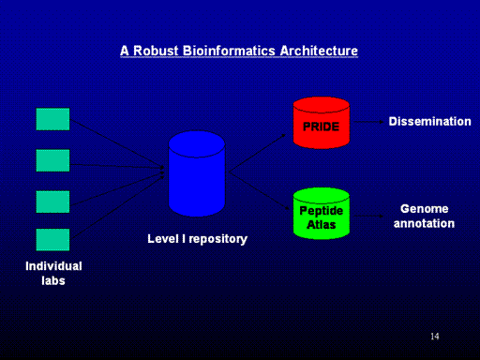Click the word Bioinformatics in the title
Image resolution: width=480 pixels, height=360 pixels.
229,51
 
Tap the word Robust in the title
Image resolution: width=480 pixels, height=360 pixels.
156,51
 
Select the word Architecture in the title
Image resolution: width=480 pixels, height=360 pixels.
319,51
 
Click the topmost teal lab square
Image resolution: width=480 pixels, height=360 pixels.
52,119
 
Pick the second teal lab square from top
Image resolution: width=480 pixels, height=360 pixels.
52,160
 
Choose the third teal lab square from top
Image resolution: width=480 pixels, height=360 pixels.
52,202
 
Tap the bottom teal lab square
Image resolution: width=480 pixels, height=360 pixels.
52,240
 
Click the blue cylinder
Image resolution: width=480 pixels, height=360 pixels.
197,173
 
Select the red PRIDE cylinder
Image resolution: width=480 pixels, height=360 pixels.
322,123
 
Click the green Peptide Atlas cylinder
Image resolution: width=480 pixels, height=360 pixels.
322,214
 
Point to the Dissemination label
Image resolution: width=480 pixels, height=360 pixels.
429,121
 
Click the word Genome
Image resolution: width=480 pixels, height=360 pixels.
425,208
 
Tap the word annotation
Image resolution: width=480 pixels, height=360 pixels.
424,223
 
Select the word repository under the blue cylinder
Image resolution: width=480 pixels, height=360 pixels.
218,239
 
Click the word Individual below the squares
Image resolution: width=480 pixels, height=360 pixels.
53,266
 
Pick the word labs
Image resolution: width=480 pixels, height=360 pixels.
53,280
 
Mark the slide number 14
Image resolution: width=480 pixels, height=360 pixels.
435,337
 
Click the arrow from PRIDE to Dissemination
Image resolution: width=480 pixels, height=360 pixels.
368,122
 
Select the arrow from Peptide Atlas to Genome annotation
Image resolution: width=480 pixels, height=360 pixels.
368,216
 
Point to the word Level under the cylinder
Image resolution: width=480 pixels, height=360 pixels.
163,239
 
